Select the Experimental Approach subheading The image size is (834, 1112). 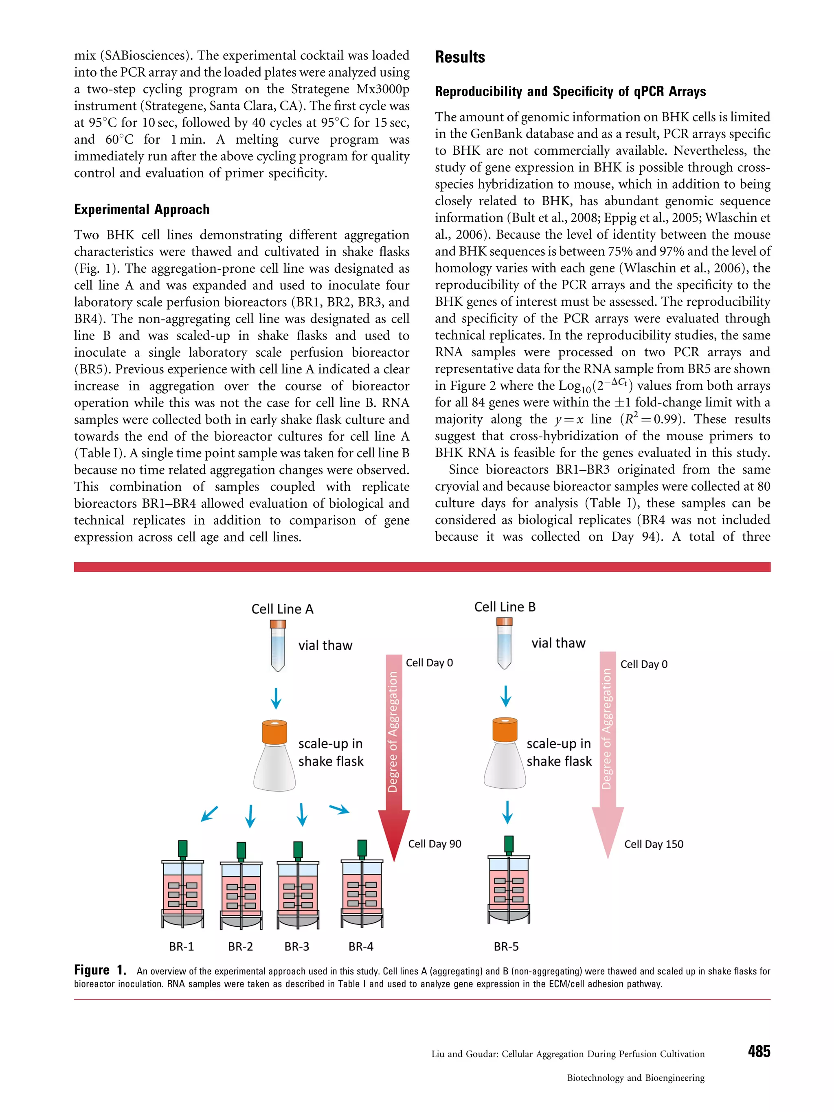point(141,210)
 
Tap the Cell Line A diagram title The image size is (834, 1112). point(282,609)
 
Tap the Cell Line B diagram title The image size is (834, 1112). point(505,607)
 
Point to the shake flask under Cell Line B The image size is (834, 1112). point(505,754)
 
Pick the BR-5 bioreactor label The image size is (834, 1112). point(506,947)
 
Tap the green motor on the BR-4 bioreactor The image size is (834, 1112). point(362,848)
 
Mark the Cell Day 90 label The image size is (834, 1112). point(435,844)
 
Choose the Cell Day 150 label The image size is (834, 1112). point(654,844)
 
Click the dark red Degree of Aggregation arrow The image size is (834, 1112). point(394,754)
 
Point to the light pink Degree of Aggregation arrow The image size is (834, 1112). point(607,749)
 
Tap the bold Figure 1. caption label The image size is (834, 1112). point(99,970)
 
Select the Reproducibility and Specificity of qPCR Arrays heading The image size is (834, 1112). point(570,92)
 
